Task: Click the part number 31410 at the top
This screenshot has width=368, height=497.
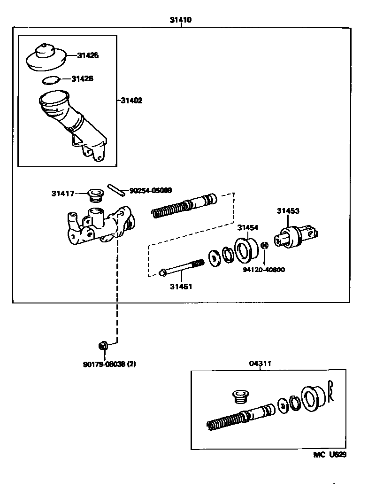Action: pyautogui.click(x=180, y=20)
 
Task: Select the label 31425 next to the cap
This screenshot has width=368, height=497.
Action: pyautogui.click(x=88, y=55)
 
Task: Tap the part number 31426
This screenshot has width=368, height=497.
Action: pyautogui.click(x=82, y=78)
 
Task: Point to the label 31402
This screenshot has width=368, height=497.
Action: pyautogui.click(x=131, y=101)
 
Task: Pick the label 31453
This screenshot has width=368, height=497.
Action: pyautogui.click(x=287, y=211)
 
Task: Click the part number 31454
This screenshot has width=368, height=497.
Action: pyautogui.click(x=247, y=228)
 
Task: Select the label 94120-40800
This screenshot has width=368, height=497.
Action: pyautogui.click(x=264, y=270)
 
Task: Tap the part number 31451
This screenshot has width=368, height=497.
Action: pyautogui.click(x=181, y=286)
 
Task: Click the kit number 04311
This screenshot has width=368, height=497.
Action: pyautogui.click(x=260, y=363)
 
